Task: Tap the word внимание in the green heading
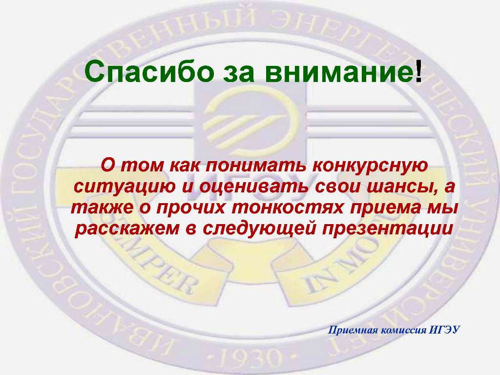[x=339, y=72]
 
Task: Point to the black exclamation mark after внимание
[x=418, y=71]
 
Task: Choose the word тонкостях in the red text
[x=288, y=208]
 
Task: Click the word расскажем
[x=127, y=229]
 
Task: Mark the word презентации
[x=388, y=229]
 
